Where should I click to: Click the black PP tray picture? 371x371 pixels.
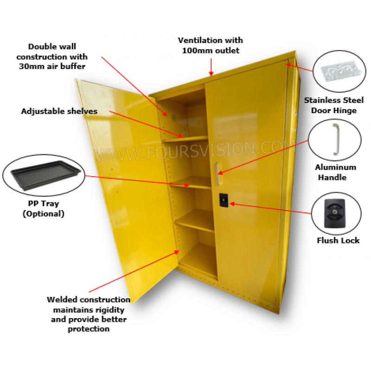(x=43, y=173)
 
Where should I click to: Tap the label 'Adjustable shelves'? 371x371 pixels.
(x=59, y=111)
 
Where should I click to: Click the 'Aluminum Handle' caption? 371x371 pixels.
(x=335, y=172)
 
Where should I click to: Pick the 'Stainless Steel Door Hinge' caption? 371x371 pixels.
(x=334, y=105)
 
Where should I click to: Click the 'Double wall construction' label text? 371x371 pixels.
(x=52, y=56)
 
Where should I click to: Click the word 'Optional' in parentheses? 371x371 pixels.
(x=43, y=214)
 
